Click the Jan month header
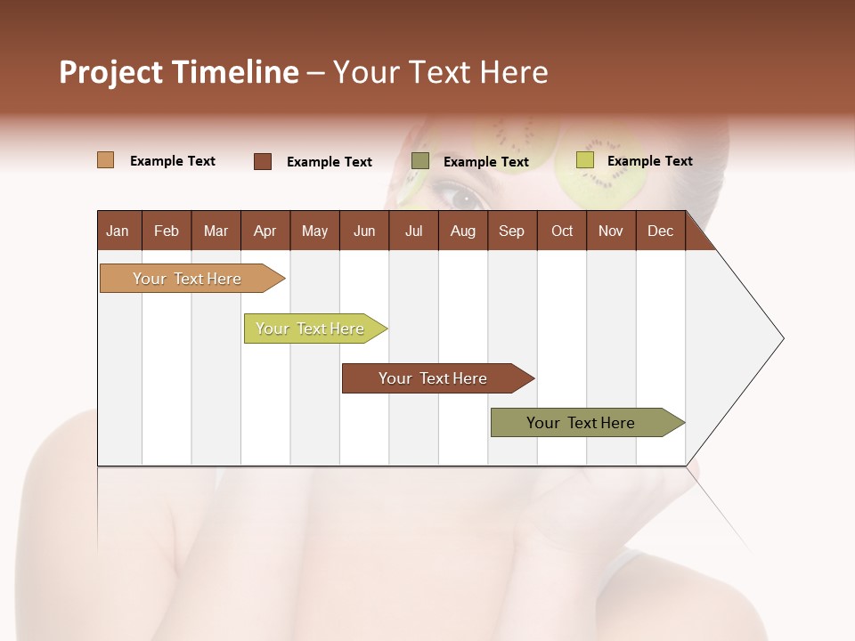118,231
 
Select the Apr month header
265,231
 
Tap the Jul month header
413,231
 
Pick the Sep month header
511,231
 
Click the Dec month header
660,231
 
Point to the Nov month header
610,231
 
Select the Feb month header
167,231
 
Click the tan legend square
105,160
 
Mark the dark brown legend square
262,161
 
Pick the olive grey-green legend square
419,161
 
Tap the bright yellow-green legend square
584,160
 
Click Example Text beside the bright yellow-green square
649,161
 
